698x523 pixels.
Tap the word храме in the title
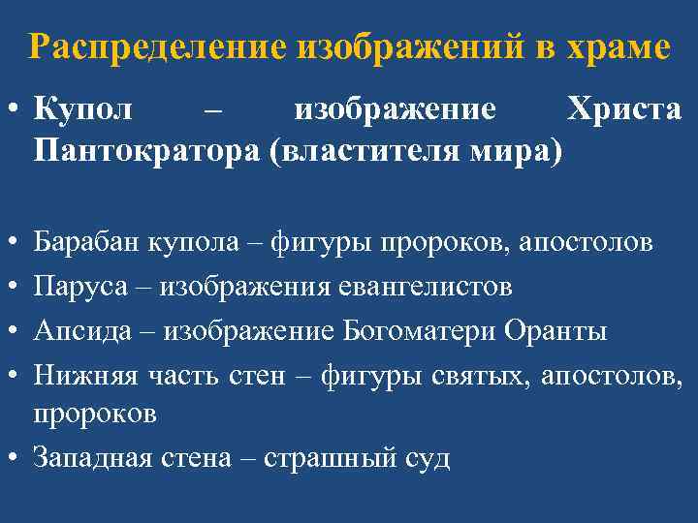[619, 46]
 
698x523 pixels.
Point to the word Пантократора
[141, 151]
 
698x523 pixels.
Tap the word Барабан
[86, 241]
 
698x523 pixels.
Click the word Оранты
[555, 330]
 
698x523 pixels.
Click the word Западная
[93, 457]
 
